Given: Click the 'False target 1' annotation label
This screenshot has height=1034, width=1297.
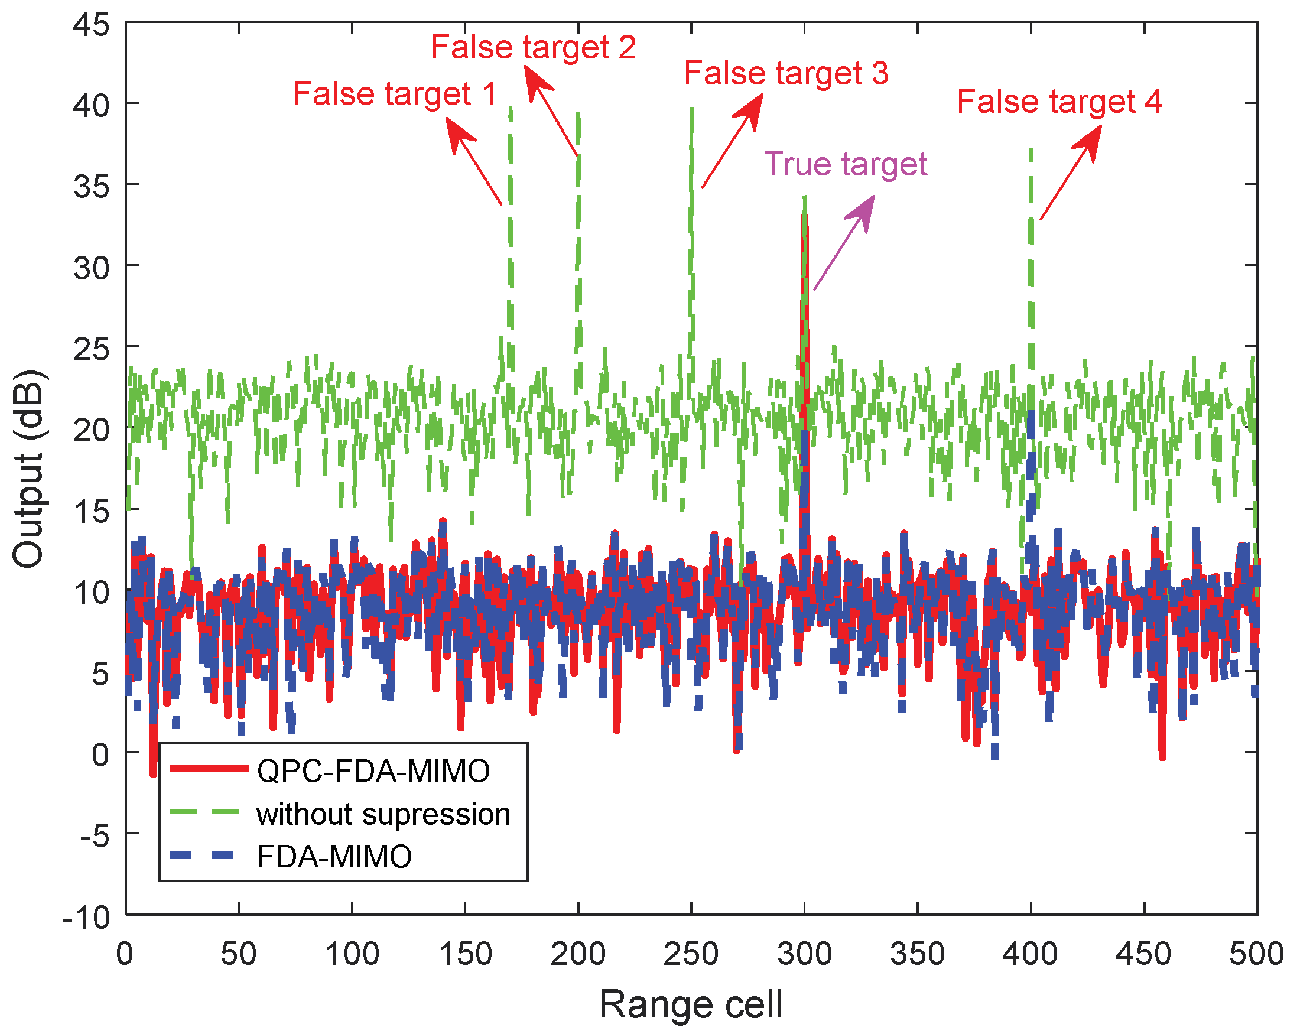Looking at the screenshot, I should (394, 94).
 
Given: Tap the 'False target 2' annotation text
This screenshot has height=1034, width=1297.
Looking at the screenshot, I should (533, 47).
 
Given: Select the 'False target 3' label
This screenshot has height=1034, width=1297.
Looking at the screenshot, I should (786, 73).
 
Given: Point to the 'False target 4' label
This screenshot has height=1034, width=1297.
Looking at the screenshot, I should (1059, 101).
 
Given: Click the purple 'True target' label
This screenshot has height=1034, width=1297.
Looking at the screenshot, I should (845, 164).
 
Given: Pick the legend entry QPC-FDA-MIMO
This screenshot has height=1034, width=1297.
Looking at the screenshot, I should (373, 770).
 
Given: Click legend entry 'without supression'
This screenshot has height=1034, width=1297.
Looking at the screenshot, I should (383, 814).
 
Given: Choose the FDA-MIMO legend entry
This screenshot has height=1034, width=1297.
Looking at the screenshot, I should (334, 857).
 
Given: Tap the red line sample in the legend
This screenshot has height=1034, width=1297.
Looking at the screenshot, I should (209, 768).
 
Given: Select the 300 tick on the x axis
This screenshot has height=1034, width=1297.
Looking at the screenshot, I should (804, 954).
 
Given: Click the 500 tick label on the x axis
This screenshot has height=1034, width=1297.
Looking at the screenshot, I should (1256, 954).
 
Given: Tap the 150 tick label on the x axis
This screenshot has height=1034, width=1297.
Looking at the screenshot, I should (465, 954).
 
